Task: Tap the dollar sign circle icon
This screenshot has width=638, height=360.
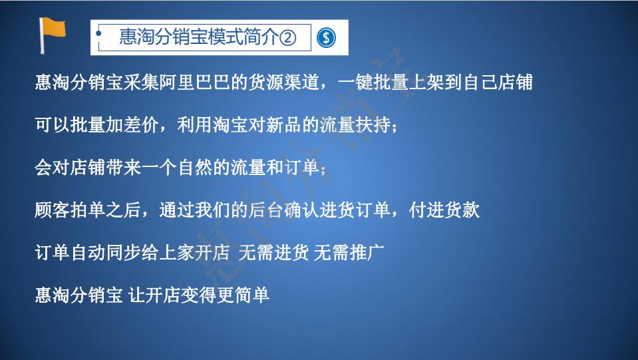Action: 325,38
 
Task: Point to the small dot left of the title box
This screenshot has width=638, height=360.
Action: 98,32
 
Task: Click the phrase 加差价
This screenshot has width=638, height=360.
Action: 123,125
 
